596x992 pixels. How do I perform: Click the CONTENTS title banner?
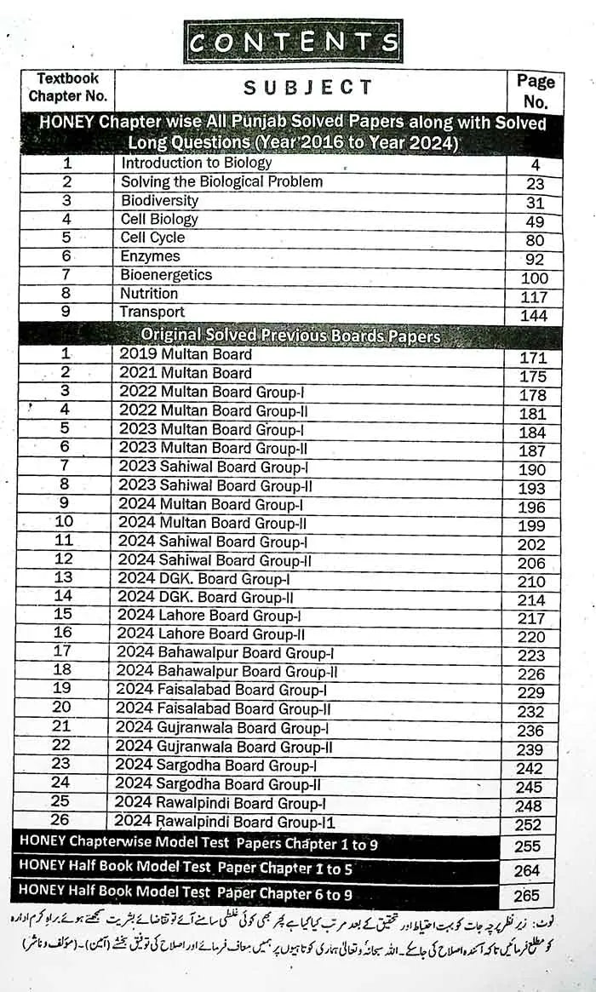[x=294, y=42]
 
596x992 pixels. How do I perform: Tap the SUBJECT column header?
[x=308, y=87]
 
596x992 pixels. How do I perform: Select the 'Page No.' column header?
[x=535, y=91]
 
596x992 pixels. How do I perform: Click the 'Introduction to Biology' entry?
[x=197, y=163]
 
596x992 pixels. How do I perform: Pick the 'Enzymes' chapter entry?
[x=151, y=256]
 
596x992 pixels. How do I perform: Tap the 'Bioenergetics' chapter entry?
[x=166, y=275]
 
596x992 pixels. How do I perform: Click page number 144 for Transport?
[x=535, y=316]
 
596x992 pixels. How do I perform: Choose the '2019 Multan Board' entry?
[x=186, y=354]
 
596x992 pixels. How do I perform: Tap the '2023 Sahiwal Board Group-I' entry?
[x=213, y=467]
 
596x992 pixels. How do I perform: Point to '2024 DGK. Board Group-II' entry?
[x=205, y=598]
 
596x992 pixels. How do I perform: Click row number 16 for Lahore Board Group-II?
[x=63, y=633]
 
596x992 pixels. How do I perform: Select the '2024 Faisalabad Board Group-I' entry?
[x=221, y=690]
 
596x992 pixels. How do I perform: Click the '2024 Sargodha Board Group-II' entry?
[x=218, y=784]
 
